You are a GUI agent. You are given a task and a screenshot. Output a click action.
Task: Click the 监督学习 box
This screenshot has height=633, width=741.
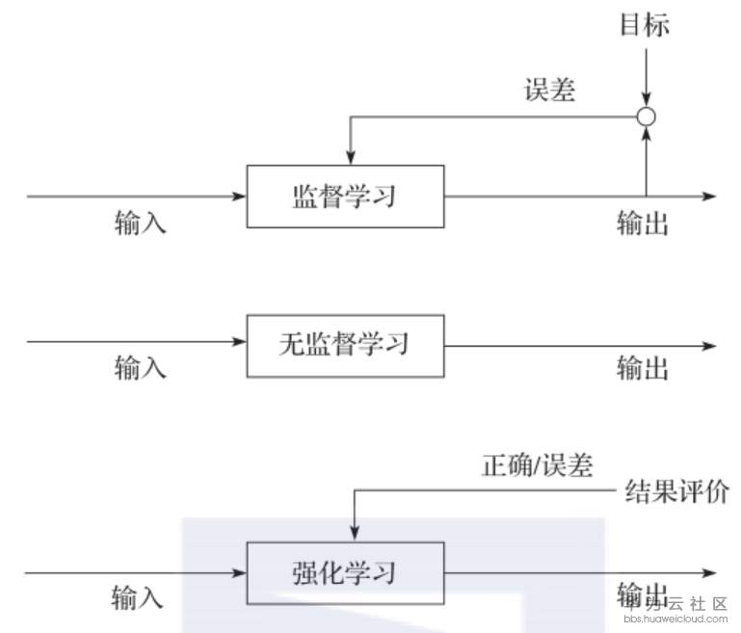coord(345,196)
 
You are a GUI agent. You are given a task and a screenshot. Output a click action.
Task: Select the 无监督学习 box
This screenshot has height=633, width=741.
coord(345,345)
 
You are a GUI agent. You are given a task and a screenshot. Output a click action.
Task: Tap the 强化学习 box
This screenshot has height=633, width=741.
coord(345,574)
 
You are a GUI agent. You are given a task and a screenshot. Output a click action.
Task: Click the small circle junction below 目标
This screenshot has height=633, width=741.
coord(647,117)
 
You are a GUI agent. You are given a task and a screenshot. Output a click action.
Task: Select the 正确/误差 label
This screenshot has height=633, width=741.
coord(538,465)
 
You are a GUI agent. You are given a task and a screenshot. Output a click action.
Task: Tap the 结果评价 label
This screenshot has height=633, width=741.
coord(678,491)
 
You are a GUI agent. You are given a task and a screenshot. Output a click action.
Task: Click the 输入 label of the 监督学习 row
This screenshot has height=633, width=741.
coord(141,223)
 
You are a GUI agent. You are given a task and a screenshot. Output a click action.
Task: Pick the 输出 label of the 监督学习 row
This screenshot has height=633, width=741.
coord(643,224)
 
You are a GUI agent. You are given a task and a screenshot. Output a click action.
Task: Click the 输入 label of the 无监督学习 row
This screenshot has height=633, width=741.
coord(141,367)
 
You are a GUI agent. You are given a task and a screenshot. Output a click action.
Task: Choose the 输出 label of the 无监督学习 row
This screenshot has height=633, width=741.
coord(643,368)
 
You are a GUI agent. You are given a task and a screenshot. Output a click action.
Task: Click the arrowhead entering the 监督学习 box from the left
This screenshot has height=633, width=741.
coord(241,196)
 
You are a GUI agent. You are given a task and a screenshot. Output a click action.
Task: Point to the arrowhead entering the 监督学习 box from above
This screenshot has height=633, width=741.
coord(351,158)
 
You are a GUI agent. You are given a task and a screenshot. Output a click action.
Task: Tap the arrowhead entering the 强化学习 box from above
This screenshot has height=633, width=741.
coord(356,534)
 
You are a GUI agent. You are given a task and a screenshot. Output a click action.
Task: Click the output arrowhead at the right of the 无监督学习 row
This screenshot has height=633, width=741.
coord(711,345)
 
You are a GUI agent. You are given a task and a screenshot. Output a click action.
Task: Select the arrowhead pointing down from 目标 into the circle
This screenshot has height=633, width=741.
coord(647,101)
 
